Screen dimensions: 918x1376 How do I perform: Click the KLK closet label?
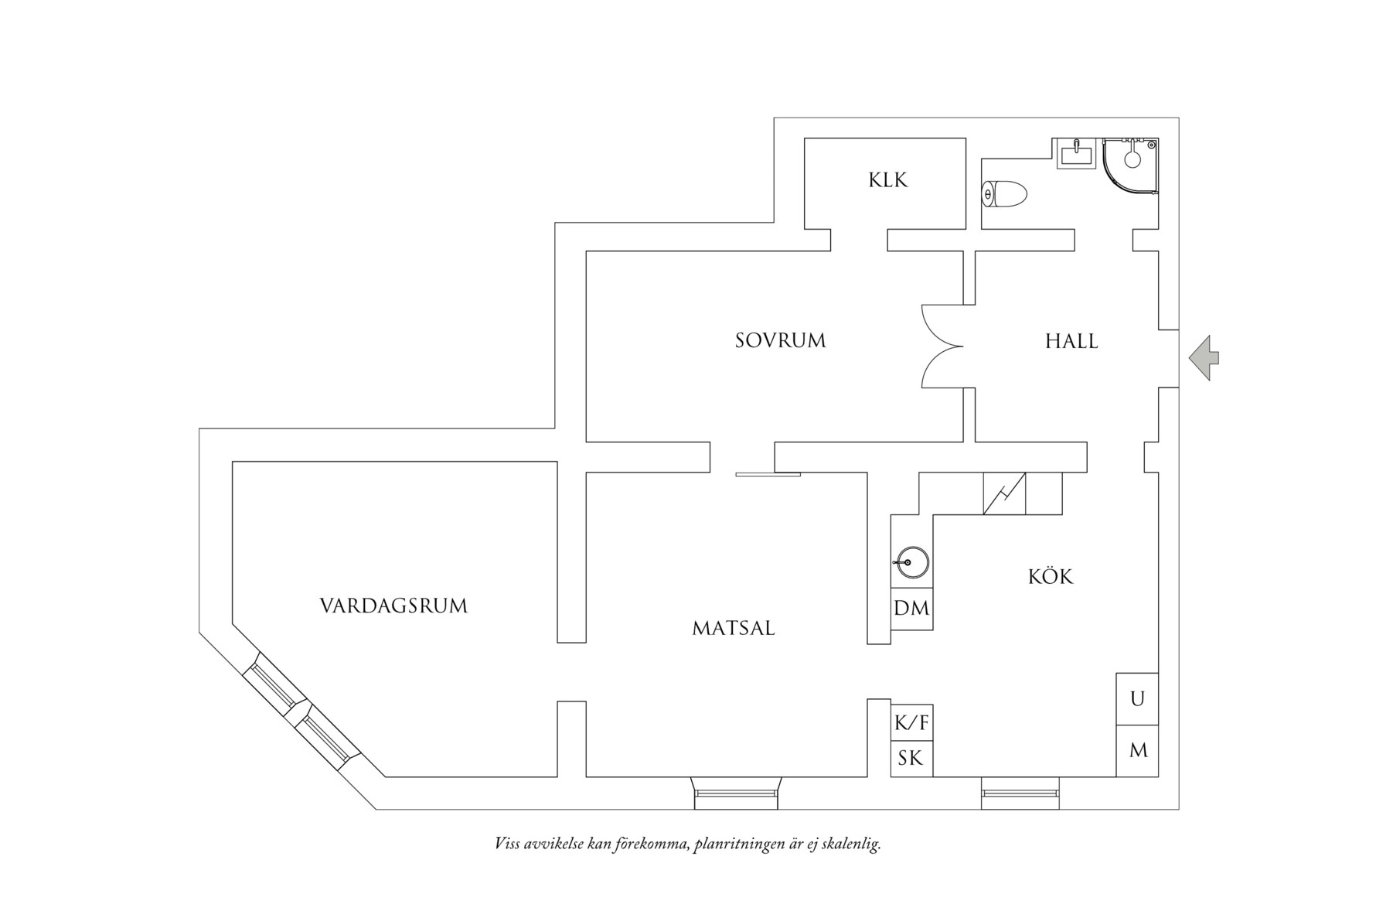tap(887, 180)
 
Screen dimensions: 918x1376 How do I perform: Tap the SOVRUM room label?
tap(780, 340)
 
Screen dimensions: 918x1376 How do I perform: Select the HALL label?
tap(1071, 341)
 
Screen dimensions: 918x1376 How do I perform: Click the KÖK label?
tap(1051, 577)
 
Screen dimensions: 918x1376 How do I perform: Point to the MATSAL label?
tap(733, 628)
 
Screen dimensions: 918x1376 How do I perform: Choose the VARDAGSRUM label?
tap(393, 606)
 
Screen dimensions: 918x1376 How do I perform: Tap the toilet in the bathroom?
tap(1004, 193)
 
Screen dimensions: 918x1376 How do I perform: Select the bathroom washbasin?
tap(1076, 154)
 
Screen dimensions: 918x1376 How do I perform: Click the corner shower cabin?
tap(1130, 166)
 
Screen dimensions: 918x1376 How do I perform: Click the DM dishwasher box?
tap(911, 609)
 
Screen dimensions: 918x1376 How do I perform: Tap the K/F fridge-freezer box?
tap(911, 723)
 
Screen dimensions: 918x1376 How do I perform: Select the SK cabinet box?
tap(911, 759)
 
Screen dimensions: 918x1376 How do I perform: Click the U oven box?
tap(1137, 699)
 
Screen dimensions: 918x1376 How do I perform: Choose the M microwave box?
tap(1138, 750)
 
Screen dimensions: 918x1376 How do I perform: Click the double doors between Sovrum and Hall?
tap(942, 346)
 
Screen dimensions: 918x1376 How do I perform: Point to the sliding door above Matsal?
tap(768, 474)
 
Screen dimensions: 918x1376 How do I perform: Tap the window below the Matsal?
tap(736, 793)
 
